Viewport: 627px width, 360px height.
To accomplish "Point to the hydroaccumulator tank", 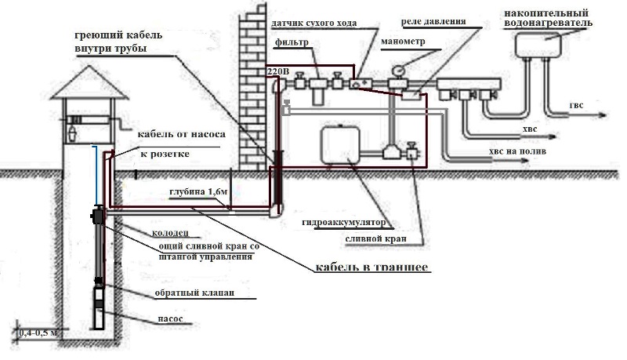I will (339, 147).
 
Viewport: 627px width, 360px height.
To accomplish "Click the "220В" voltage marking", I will (278, 71).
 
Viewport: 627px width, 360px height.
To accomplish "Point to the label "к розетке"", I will (165, 154).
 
